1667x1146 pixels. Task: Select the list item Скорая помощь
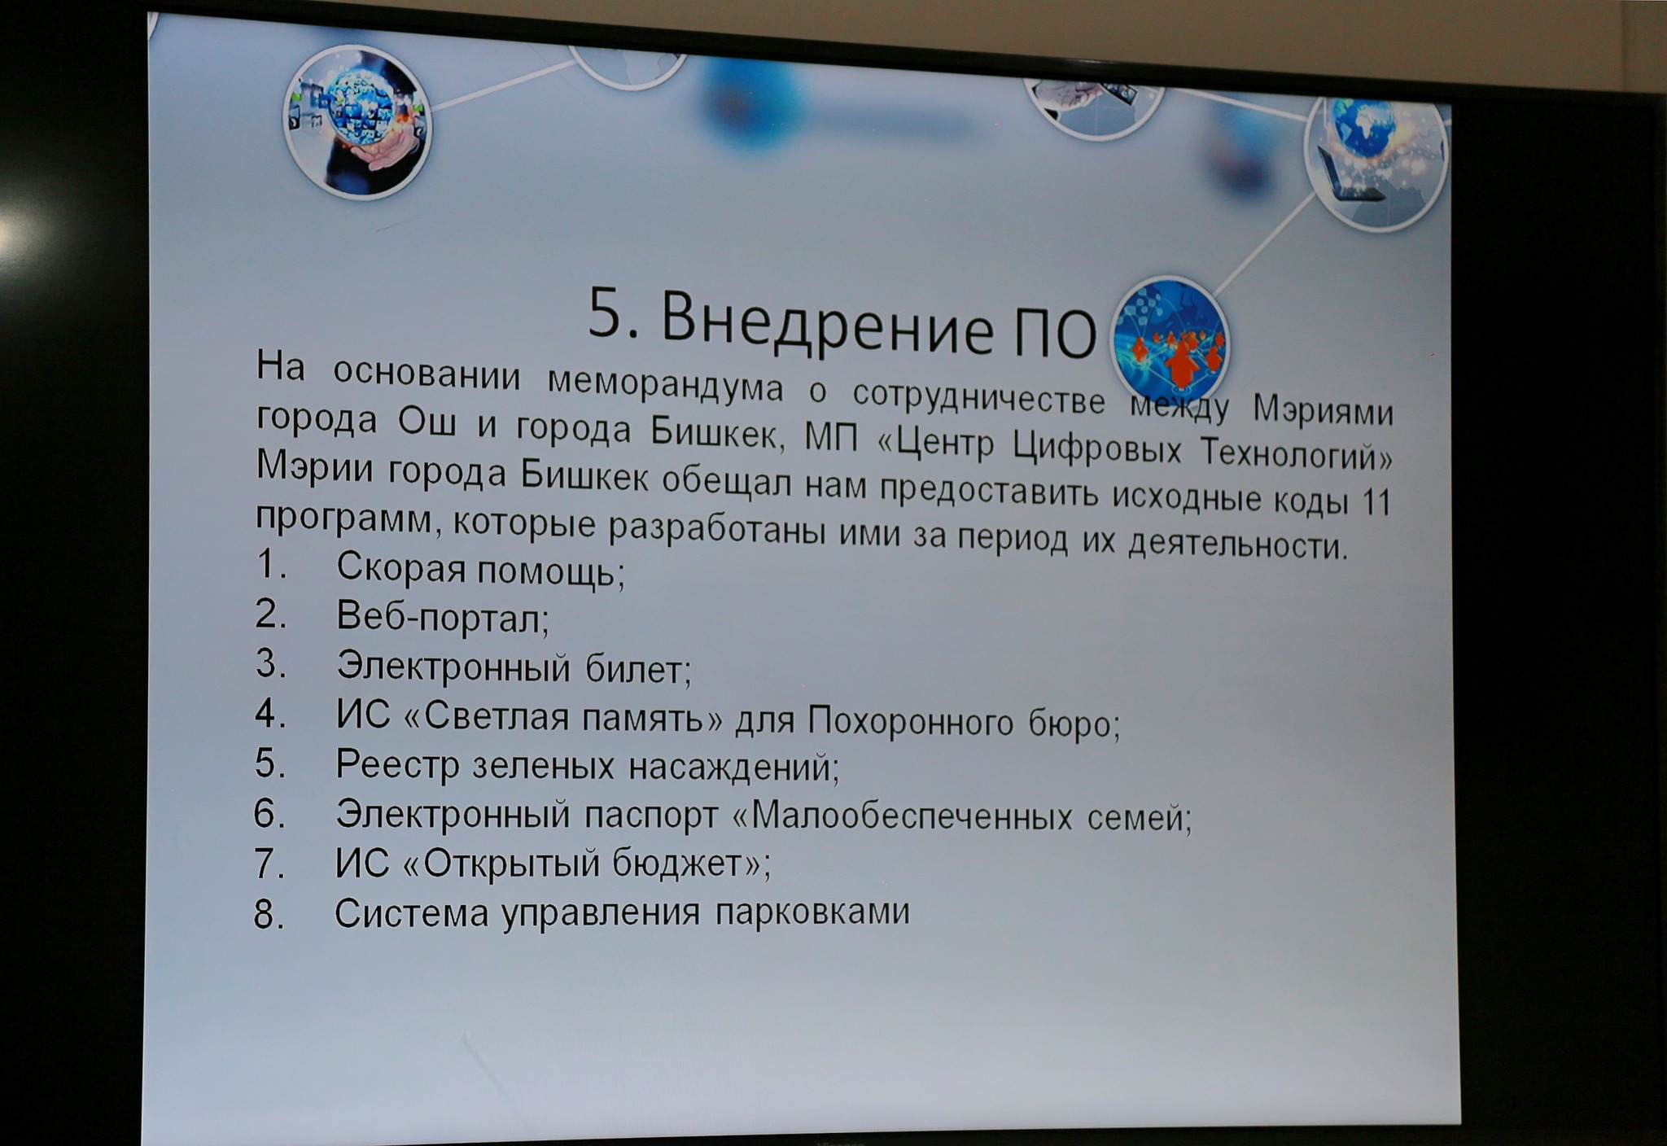(x=480, y=569)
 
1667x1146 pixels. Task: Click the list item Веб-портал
(x=442, y=618)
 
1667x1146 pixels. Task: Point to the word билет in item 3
(x=637, y=669)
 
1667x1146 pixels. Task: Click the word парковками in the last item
(x=812, y=911)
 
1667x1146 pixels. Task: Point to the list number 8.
(x=269, y=915)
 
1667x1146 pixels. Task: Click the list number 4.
(x=269, y=715)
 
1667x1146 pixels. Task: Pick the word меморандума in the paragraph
(x=664, y=384)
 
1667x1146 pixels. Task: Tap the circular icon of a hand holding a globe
(x=357, y=122)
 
